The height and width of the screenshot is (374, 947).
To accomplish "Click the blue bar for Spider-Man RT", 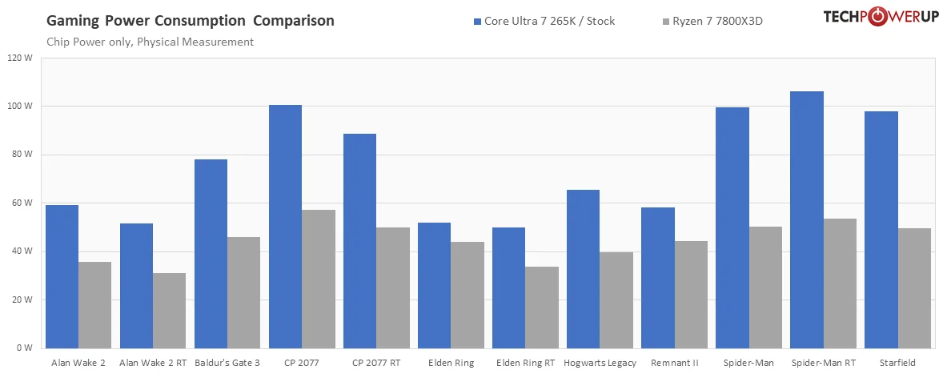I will [807, 220].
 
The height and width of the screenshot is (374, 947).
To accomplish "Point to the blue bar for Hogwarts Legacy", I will [584, 269].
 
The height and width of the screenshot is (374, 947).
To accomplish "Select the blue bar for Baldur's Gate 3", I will [211, 254].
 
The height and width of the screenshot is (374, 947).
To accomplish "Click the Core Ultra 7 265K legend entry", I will [544, 22].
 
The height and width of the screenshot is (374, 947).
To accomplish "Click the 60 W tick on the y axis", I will [22, 203].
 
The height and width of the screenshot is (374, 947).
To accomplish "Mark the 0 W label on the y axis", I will [24, 348].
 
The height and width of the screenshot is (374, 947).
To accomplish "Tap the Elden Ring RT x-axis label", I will [525, 363].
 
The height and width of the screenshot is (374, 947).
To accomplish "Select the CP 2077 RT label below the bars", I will [376, 363].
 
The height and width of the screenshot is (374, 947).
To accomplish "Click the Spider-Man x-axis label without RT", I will [748, 363].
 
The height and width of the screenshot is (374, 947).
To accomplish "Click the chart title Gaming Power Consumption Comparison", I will [191, 20].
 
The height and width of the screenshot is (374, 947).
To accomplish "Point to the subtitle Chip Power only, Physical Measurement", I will [150, 42].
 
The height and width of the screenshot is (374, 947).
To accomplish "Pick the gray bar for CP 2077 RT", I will [393, 288].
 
